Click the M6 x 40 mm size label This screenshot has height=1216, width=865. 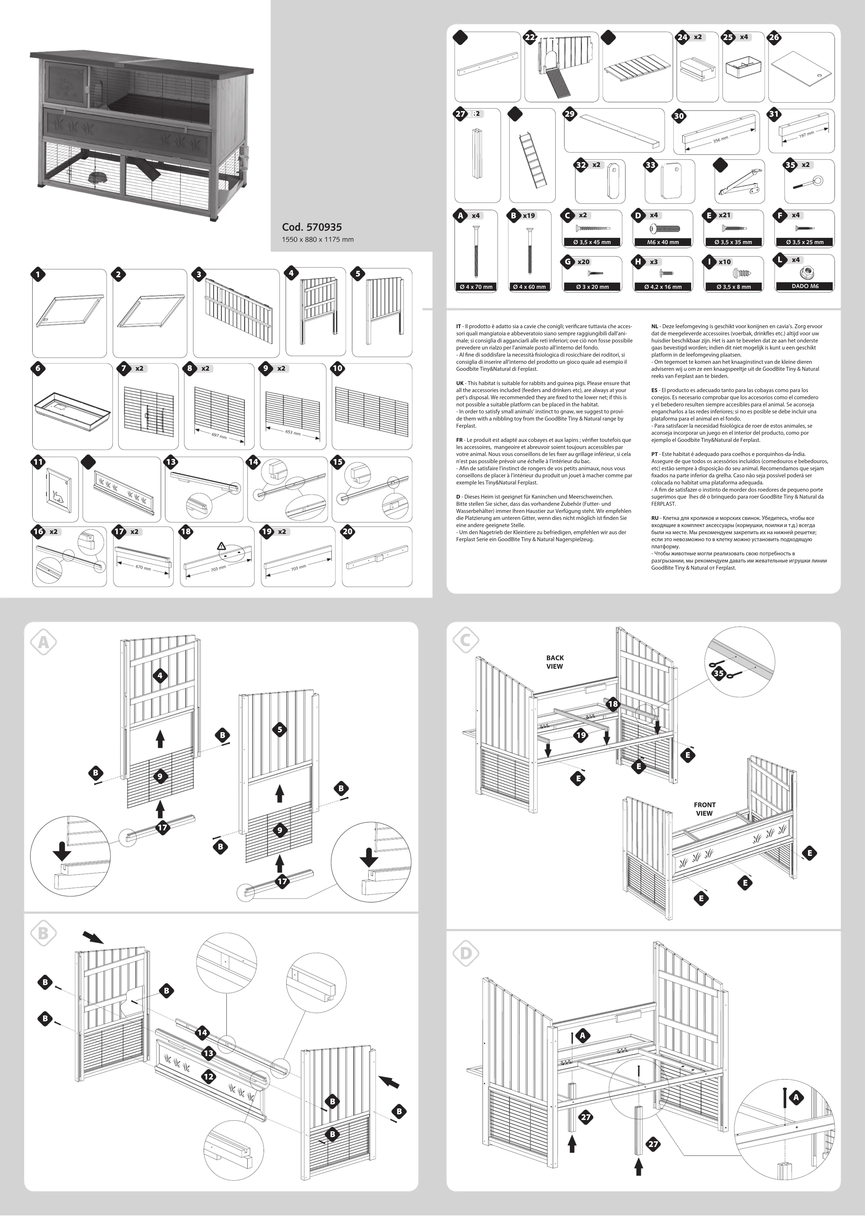point(663,242)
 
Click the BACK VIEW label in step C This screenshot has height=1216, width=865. point(554,662)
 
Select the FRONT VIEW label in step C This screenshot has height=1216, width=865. point(704,809)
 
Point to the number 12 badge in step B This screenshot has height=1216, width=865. point(208,1076)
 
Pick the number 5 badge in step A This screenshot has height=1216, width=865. point(280,729)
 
